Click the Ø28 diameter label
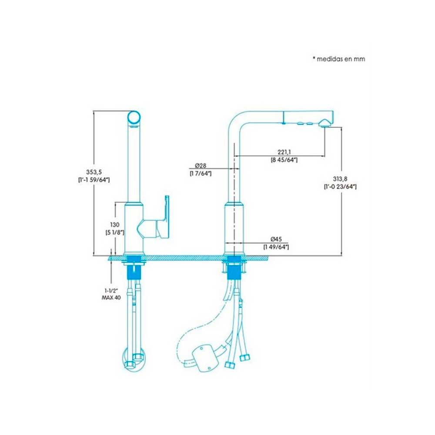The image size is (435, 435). pyautogui.click(x=201, y=166)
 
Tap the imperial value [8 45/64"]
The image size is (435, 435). pyautogui.click(x=284, y=160)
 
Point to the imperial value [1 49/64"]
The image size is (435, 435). pyautogui.click(x=276, y=247)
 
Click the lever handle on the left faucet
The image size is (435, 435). pyautogui.click(x=166, y=217)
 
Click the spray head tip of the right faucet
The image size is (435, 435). pyautogui.click(x=326, y=122)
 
